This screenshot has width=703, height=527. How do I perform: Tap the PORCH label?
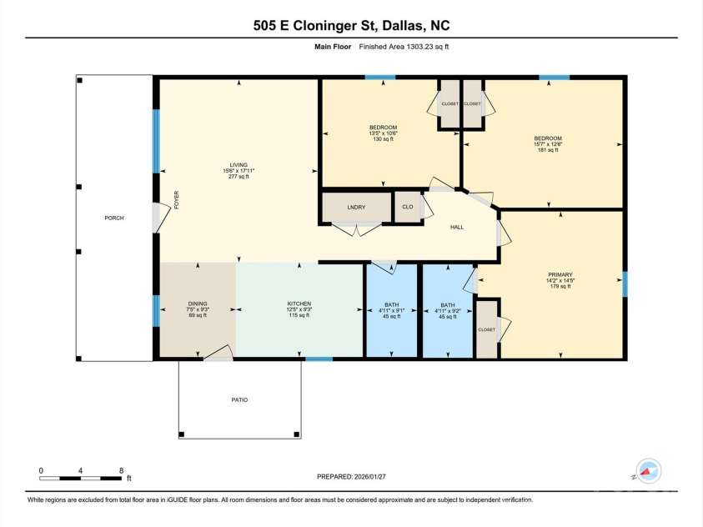[x=113, y=218]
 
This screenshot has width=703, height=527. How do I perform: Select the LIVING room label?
[x=239, y=164]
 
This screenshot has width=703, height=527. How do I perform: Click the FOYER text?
[x=177, y=200]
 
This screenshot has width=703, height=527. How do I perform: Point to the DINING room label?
[x=197, y=304]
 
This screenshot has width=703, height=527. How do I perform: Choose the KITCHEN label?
[x=299, y=304]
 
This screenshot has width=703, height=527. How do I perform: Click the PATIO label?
[x=239, y=400]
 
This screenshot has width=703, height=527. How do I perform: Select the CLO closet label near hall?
[x=408, y=206]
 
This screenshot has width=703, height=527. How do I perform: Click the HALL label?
[x=456, y=227]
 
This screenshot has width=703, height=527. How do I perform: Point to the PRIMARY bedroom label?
[x=560, y=274]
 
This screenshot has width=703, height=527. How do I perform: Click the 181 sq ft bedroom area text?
[x=548, y=151]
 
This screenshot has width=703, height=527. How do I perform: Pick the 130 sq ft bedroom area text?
[x=383, y=139]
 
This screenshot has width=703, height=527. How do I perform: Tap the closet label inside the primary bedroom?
[x=486, y=329]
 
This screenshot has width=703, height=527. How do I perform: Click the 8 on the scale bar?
[x=122, y=470]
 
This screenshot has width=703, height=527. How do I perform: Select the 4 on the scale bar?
[x=81, y=470]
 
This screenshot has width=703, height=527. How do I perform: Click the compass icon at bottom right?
[x=648, y=472]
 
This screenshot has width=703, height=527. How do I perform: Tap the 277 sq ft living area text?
[x=239, y=177]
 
